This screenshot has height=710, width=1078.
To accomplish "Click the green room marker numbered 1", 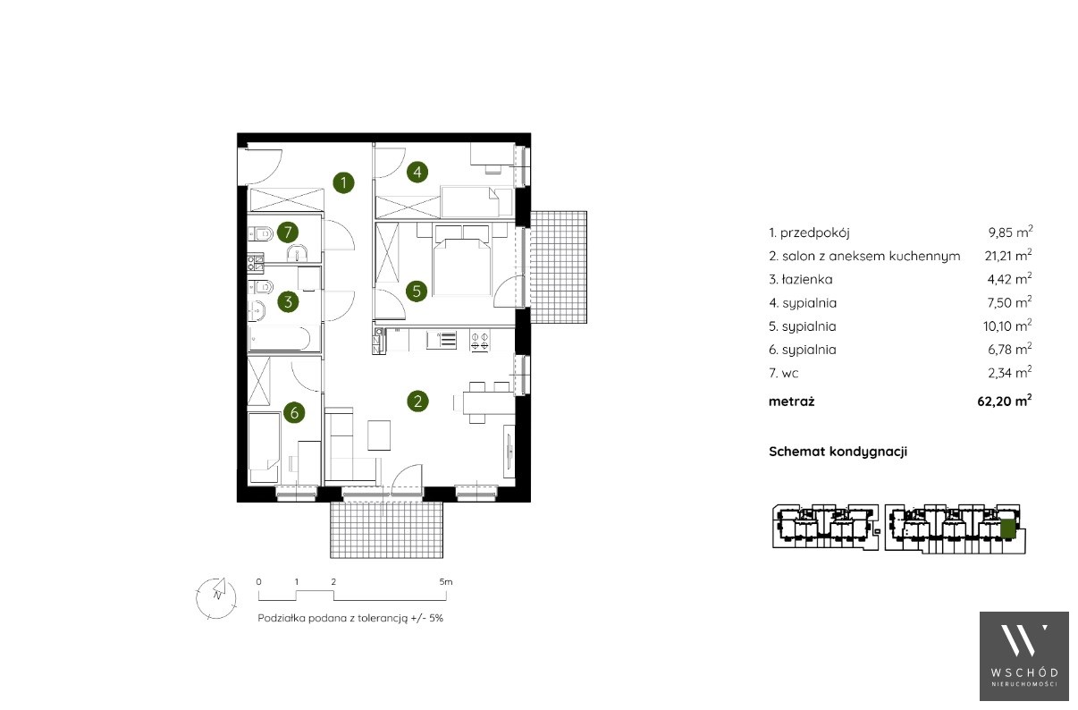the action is coord(343,182).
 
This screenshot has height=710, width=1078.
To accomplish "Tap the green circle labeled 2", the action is coord(417,401).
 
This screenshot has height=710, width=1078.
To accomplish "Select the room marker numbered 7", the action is coord(288,232).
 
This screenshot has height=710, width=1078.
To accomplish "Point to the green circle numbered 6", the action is coord(294,412).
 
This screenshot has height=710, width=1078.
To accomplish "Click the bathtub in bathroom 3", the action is coord(279,339).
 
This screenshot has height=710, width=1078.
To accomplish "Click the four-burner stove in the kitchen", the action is coord(480,340).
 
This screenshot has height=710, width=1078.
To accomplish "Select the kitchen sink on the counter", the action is coord(442,340).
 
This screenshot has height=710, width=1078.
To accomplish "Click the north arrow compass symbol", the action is coord(216,598).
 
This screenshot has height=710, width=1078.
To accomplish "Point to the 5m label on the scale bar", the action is coord(446,581).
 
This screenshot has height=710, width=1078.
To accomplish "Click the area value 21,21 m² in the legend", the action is coord(1008,255).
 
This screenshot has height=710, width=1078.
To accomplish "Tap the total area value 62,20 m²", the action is coord(1005,401).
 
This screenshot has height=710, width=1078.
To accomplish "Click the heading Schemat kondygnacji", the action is coord(838,452).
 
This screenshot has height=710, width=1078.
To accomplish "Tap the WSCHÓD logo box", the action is coord(1024,656).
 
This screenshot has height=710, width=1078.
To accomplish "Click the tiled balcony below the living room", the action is coord(386,530).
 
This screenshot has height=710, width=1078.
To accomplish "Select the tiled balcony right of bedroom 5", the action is coord(559,267).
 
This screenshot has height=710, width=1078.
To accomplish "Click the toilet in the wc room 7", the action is coord(261,234).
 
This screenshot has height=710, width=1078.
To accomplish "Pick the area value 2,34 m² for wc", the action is coord(1010,373).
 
